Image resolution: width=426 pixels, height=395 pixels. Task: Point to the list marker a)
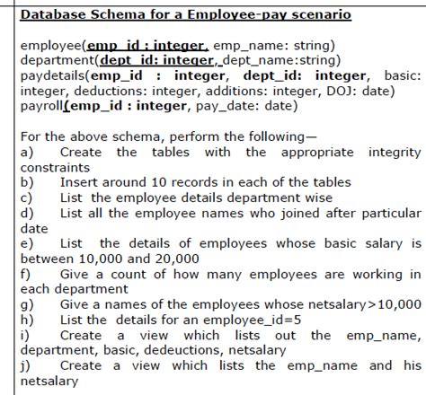click(26, 153)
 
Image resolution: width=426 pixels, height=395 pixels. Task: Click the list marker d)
click(26, 213)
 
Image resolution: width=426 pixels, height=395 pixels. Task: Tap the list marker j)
click(25, 364)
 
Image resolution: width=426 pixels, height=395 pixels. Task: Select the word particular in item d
click(386, 213)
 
